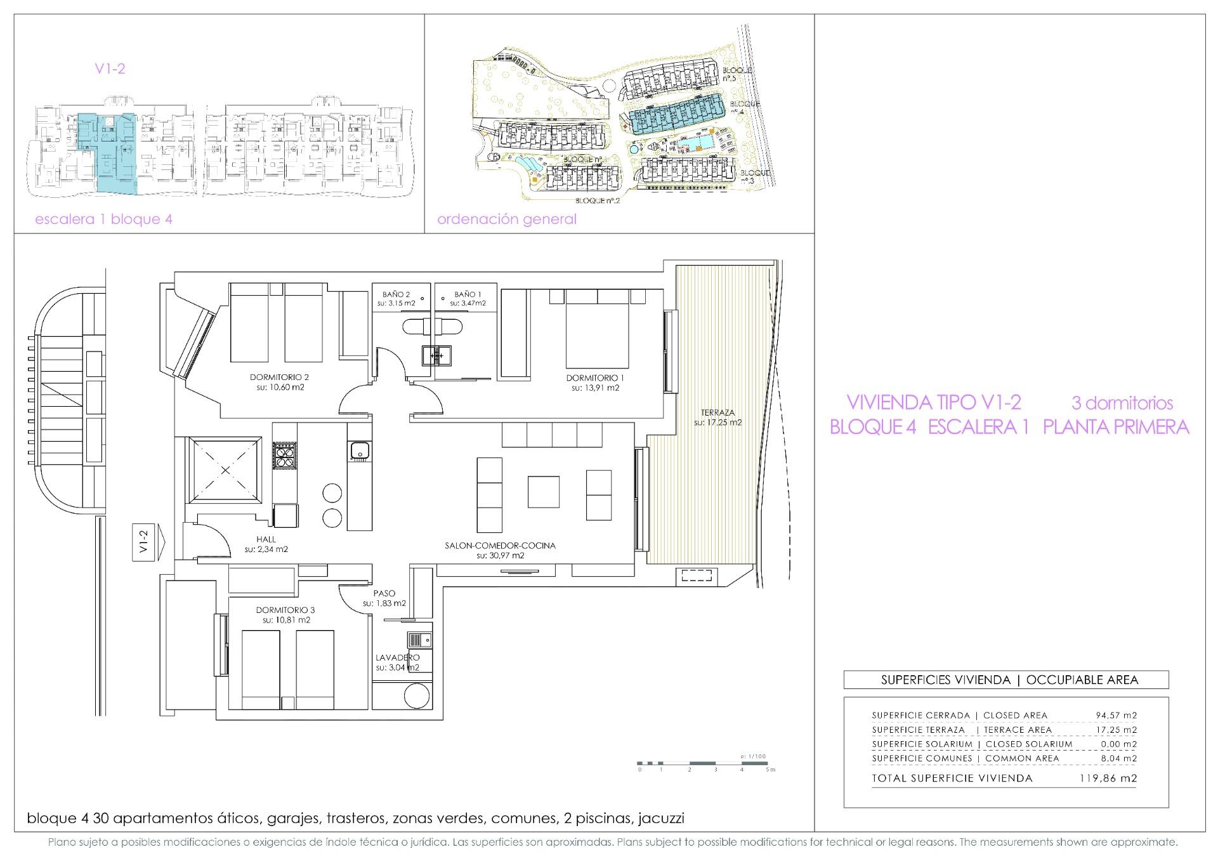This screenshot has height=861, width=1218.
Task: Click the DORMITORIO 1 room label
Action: point(595,378)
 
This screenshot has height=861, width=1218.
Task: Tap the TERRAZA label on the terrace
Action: point(717,412)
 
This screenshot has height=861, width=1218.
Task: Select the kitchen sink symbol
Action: point(358,450)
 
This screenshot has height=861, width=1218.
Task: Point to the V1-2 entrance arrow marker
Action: point(148,542)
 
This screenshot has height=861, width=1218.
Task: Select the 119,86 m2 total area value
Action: point(1108,779)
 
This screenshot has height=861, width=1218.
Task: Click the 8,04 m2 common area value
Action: point(1116,758)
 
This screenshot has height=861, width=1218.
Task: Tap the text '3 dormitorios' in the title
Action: point(1122,403)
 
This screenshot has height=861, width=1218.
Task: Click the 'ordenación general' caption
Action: point(507,220)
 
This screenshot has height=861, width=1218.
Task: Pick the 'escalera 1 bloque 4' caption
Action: point(103,220)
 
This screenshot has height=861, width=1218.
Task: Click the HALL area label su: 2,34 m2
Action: point(266,549)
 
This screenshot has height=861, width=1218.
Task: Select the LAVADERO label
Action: point(397,658)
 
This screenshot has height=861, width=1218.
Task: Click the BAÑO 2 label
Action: point(396,294)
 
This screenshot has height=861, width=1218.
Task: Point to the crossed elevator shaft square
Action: point(225,470)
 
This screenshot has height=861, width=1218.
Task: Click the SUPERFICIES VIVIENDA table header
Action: point(1005,680)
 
